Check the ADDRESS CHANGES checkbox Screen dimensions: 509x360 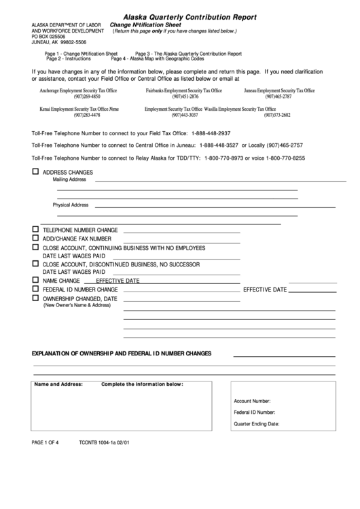pos(35,172)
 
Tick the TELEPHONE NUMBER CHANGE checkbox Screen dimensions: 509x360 pos(35,230)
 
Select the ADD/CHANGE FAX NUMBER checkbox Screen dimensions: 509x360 pos(35,239)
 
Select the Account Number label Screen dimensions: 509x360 pos(252,401)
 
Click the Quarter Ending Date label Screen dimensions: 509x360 pos(256,423)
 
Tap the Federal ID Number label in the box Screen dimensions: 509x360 pos(254,412)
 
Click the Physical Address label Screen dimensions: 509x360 pos(71,205)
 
